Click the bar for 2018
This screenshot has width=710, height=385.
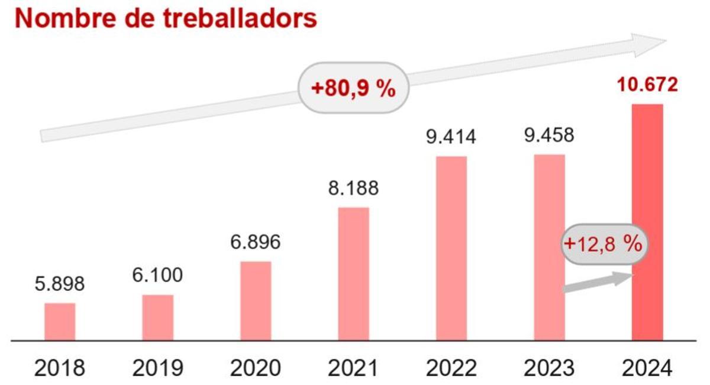coord(60,322)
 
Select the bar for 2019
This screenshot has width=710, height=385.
coord(158,318)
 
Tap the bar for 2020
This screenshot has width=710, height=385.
coord(256,301)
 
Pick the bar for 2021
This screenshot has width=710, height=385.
coord(354,274)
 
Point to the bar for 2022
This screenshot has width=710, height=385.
coord(451,248)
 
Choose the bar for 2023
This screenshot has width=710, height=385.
coord(550,247)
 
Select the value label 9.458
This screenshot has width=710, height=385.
coord(549,136)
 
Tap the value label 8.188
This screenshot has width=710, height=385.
coord(354,189)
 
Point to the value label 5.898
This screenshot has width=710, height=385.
coord(60,284)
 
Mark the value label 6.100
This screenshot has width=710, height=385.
coord(158,276)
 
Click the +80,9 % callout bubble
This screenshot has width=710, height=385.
coord(353,89)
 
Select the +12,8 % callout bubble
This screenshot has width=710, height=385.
coord(603,244)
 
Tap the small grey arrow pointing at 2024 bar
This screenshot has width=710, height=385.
coord(598,282)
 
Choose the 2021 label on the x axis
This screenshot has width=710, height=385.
coord(353,368)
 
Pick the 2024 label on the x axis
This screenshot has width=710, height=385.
coord(647,368)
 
